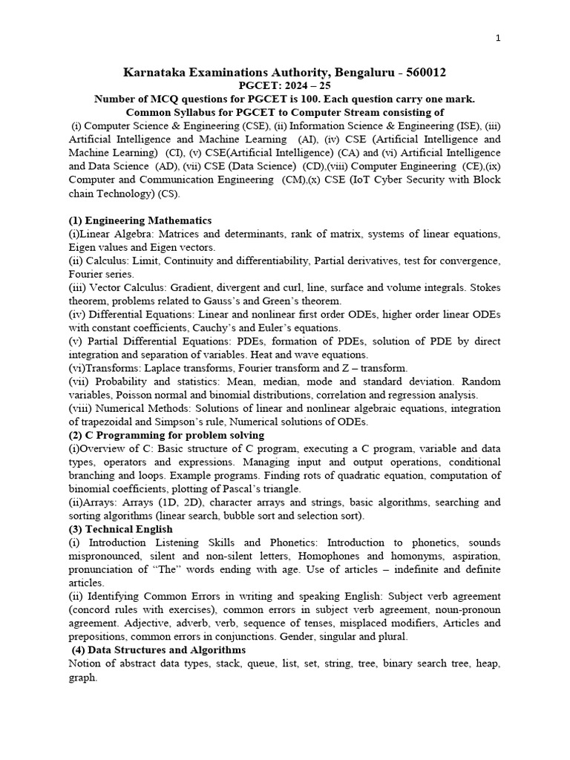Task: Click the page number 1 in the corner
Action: (497, 39)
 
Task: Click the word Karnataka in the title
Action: (157, 72)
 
